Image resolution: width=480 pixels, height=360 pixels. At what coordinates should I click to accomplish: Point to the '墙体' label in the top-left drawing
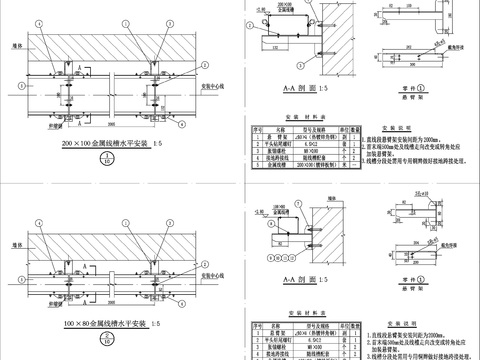[x=18, y=44]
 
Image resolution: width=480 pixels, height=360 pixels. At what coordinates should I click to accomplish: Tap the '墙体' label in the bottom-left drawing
[x=18, y=222]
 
